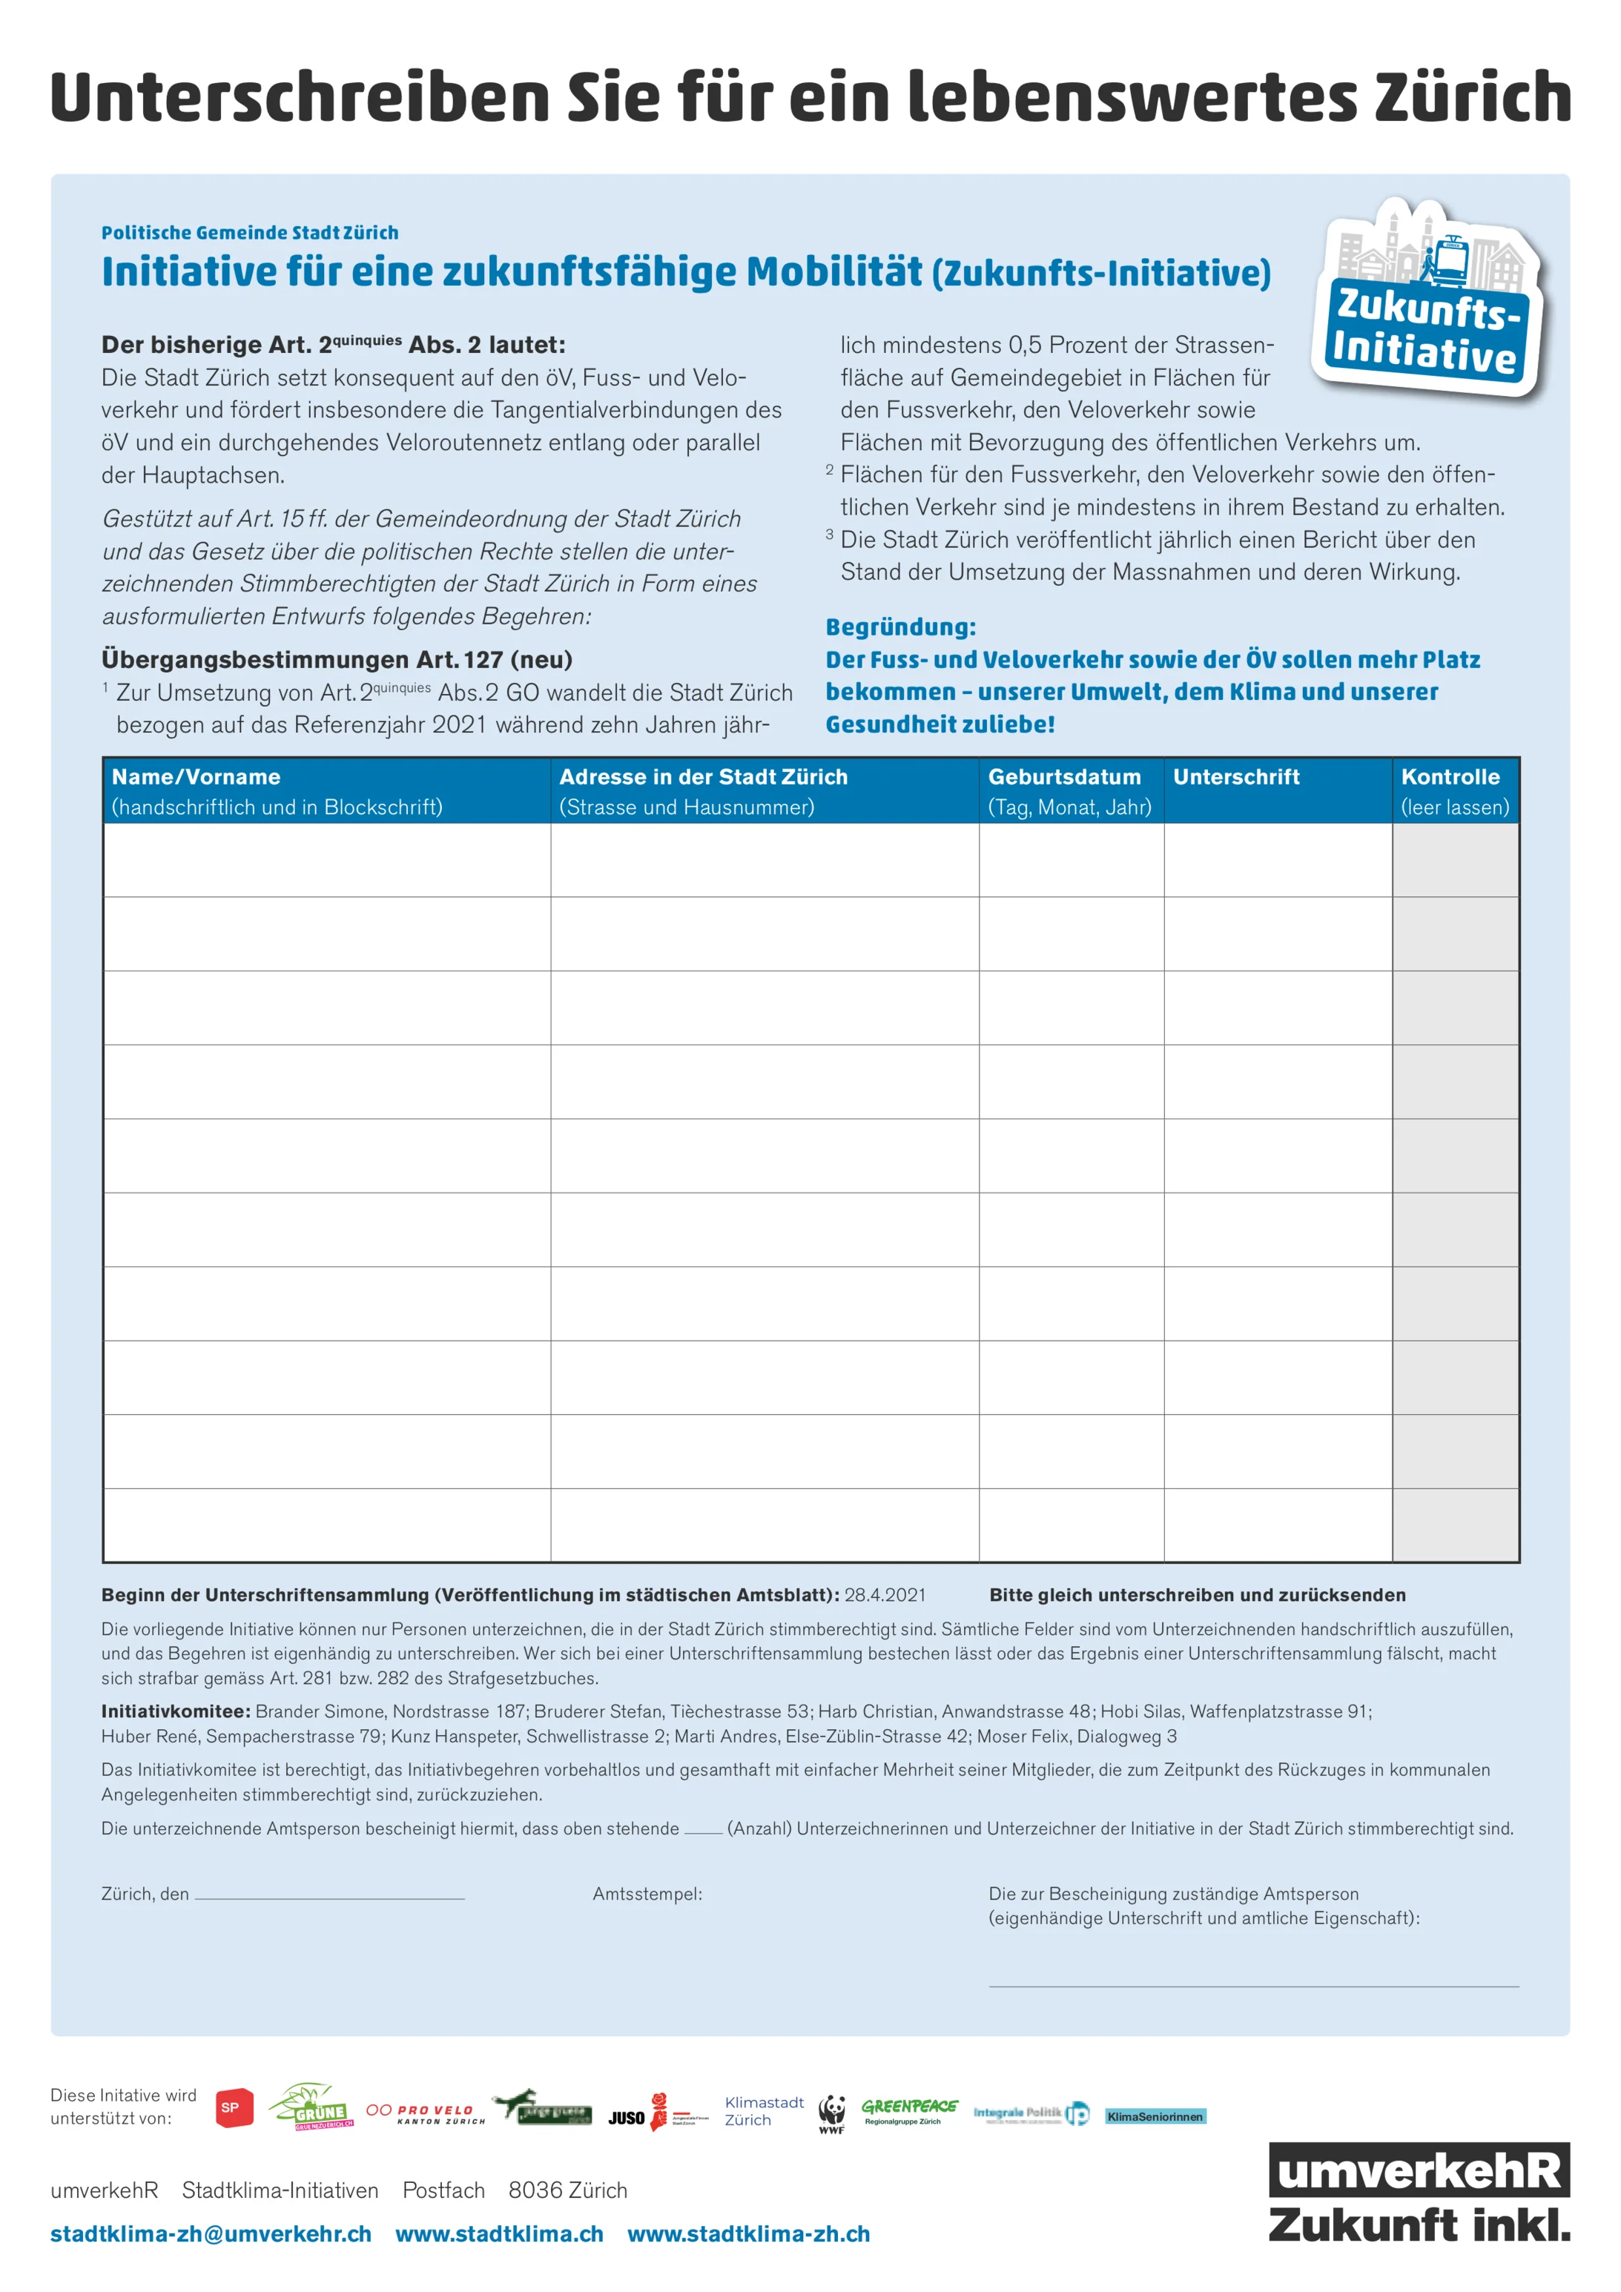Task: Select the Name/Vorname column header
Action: click(x=196, y=776)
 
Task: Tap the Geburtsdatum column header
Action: click(x=1064, y=776)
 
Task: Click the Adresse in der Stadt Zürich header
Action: click(x=703, y=776)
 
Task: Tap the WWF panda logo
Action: click(x=831, y=2113)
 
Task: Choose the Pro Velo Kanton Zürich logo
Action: click(x=425, y=2113)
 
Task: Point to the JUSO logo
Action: click(x=627, y=2117)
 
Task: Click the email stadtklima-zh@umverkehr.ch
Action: click(x=211, y=2234)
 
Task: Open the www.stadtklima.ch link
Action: click(x=499, y=2234)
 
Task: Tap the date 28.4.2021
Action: click(x=885, y=1595)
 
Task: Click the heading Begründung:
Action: click(x=900, y=627)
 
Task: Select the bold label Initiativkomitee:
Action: click(x=176, y=1711)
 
